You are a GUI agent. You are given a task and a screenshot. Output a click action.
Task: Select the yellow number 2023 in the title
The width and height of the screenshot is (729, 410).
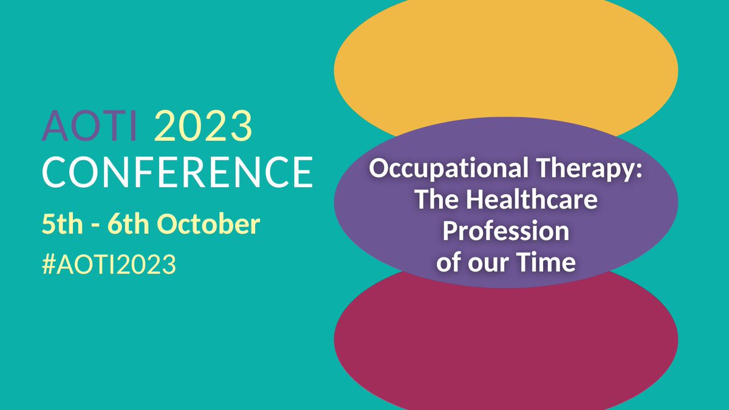click(203, 127)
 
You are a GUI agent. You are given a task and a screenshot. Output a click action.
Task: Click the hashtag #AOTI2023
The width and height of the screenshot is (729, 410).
click(109, 265)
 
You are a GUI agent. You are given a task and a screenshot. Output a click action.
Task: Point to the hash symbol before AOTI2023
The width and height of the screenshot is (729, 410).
click(49, 265)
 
